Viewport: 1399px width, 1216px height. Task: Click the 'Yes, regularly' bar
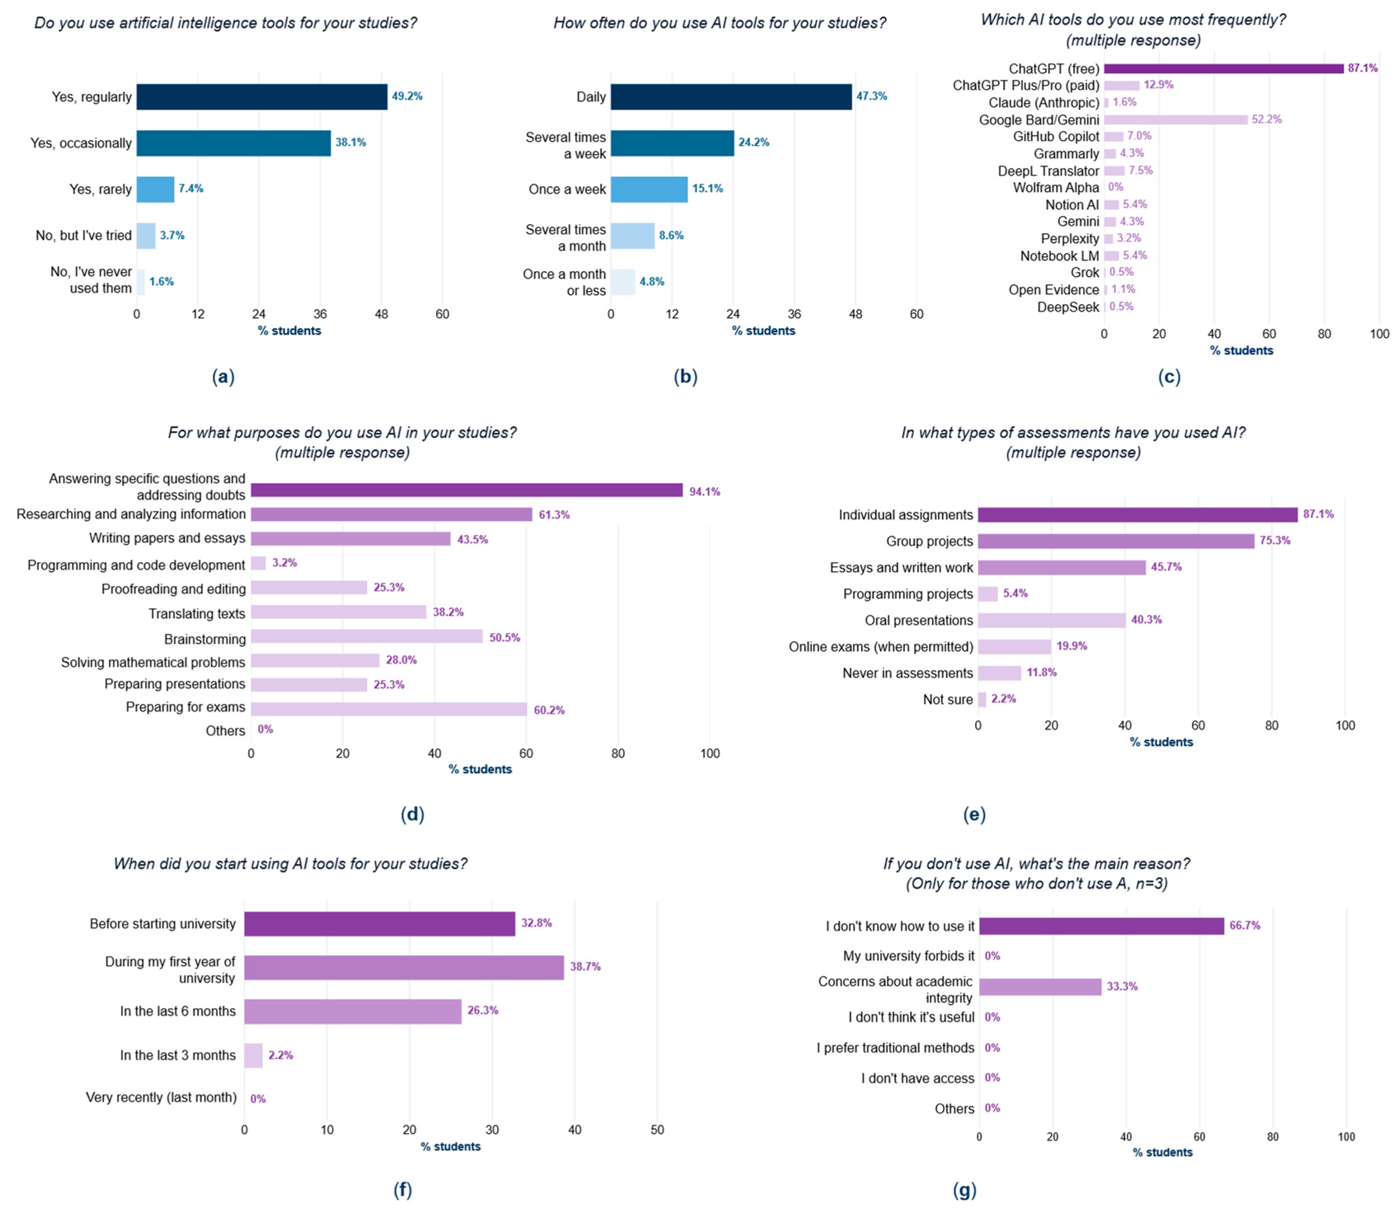tap(262, 96)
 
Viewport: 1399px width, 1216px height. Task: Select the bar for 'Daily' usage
tap(731, 96)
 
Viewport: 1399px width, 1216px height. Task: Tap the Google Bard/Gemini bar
tap(1175, 119)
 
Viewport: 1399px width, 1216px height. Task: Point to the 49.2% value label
tap(407, 96)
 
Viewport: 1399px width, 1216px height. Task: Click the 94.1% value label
tap(705, 492)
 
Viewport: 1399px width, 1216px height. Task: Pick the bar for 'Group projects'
tap(1116, 541)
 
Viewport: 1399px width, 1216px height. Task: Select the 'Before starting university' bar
tap(379, 923)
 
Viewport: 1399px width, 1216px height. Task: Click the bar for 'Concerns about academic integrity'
tap(1040, 986)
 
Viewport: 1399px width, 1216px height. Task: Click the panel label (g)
tap(965, 1190)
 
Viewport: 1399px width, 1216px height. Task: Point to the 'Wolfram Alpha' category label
tap(1056, 187)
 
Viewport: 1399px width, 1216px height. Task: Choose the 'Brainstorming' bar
tap(366, 637)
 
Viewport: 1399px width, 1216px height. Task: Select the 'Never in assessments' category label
tap(908, 673)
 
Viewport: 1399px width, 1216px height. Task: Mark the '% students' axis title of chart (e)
tap(1162, 743)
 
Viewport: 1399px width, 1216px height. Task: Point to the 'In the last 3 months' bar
tap(253, 1055)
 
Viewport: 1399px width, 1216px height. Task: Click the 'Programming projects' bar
tap(988, 594)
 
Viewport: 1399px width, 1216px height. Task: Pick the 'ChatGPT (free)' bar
tap(1223, 68)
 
